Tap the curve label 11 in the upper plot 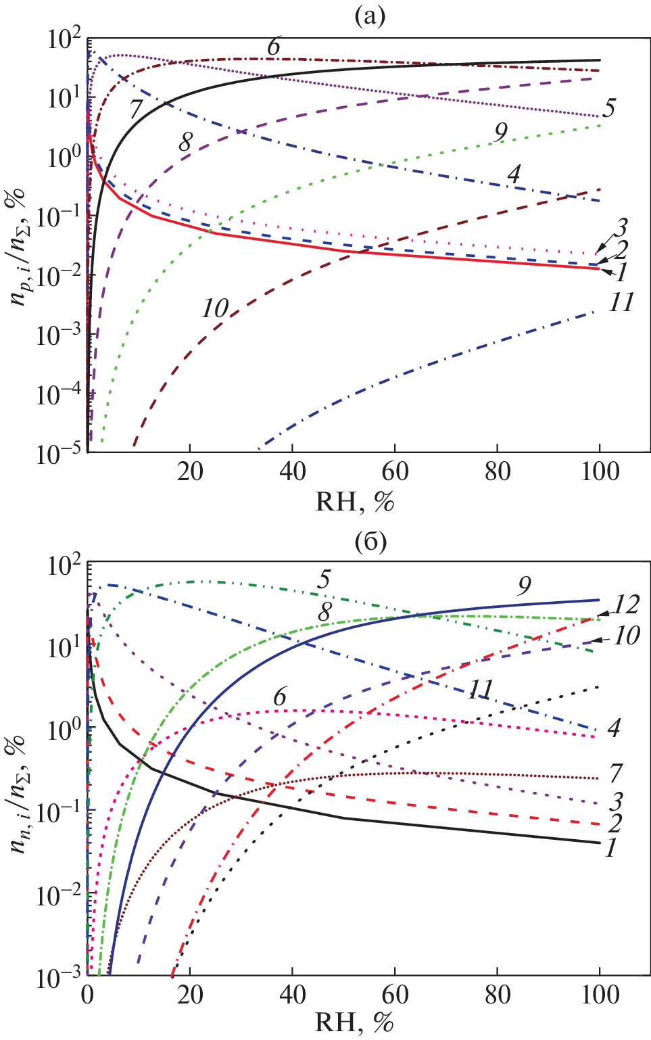point(621,302)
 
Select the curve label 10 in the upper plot point(215,308)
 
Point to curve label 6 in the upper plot point(273,47)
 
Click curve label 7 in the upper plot point(135,109)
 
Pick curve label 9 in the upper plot point(500,133)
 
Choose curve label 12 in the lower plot point(626,604)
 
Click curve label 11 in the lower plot point(481,689)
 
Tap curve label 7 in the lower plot point(615,772)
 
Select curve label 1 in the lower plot point(610,847)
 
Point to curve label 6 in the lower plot point(280,696)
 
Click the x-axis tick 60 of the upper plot point(395,471)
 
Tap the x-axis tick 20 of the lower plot point(190,995)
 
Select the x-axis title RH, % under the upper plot point(354,502)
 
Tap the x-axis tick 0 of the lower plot point(87,995)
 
